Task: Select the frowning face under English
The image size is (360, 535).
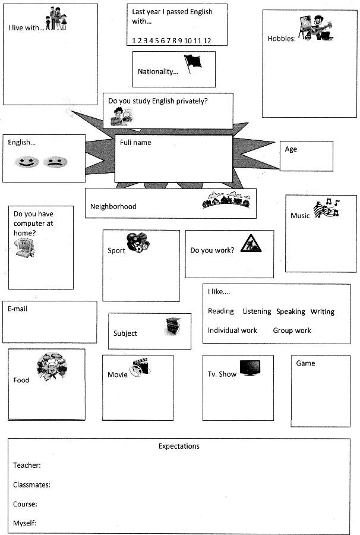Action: tap(55, 162)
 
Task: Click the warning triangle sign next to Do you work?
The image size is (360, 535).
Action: tap(251, 244)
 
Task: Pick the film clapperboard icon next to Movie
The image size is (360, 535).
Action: tap(139, 367)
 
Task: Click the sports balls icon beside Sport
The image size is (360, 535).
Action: tap(138, 242)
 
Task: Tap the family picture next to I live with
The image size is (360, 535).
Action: tap(56, 19)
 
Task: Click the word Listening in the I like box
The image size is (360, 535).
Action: tap(257, 311)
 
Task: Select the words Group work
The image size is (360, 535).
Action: tap(292, 331)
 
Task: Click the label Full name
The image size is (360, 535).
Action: tap(135, 143)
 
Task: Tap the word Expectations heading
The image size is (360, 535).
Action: tap(179, 446)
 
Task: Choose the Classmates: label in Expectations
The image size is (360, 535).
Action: tap(31, 485)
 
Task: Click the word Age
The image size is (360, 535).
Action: tap(291, 149)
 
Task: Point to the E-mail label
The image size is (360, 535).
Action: tap(17, 309)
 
